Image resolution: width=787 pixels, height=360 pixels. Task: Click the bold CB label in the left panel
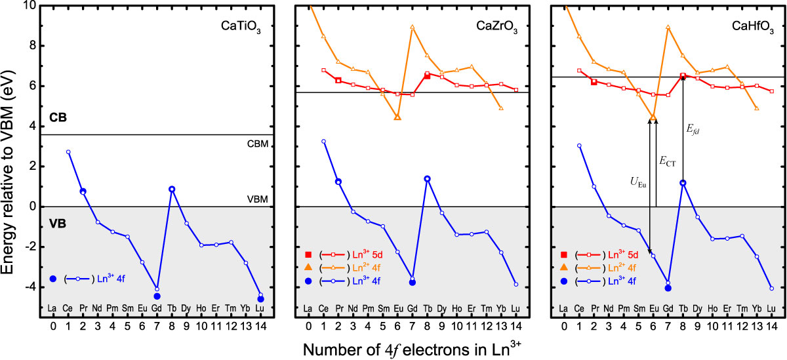58,119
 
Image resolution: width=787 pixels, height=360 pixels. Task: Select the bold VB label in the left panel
58,222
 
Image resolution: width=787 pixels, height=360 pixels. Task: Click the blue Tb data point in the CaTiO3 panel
172,190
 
